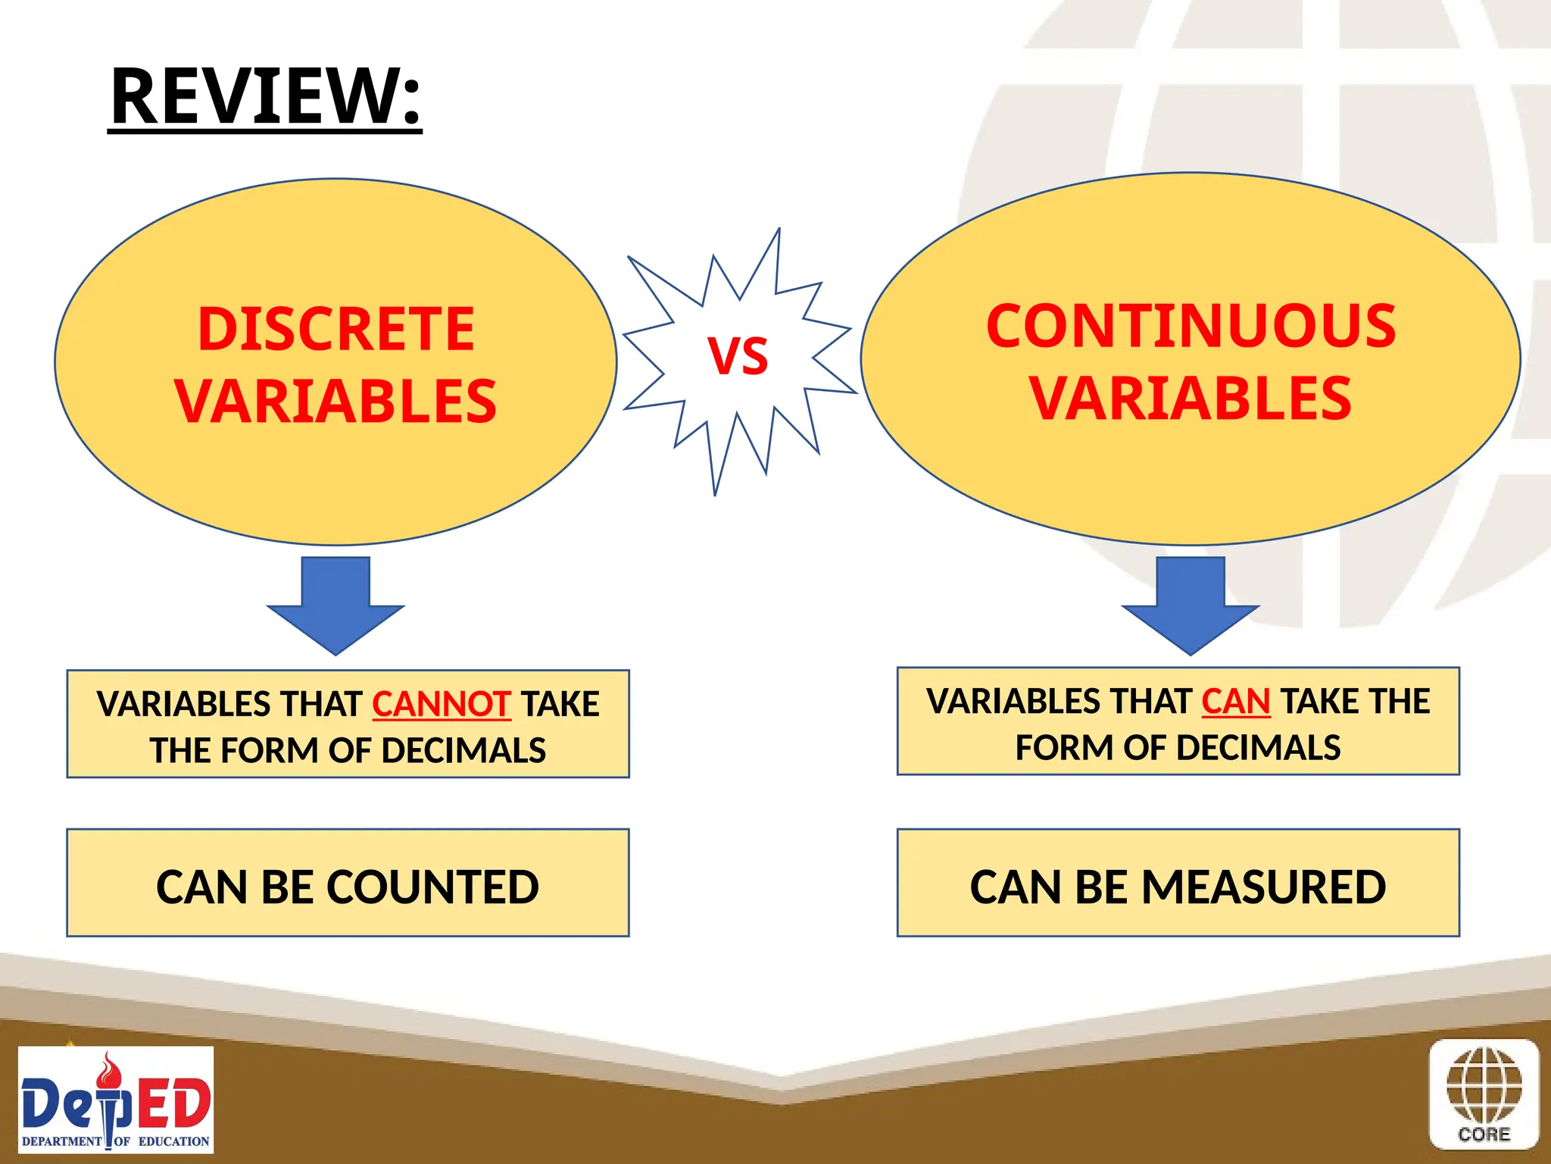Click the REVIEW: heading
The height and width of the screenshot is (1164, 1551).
pos(265,96)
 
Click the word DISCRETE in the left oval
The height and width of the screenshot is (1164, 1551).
pos(335,329)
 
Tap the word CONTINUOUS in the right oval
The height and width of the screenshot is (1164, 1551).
pos(1191,326)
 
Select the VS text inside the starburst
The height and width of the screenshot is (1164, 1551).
pos(738,356)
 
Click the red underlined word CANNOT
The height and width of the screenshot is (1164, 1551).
pos(442,704)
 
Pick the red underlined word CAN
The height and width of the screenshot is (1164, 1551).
pos(1235,702)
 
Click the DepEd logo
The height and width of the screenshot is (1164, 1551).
pos(116,1100)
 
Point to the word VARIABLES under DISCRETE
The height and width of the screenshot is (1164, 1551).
pos(335,401)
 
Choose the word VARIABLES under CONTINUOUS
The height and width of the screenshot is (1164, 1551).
pos(1191,399)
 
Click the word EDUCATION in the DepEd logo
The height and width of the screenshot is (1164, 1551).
pos(173,1141)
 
